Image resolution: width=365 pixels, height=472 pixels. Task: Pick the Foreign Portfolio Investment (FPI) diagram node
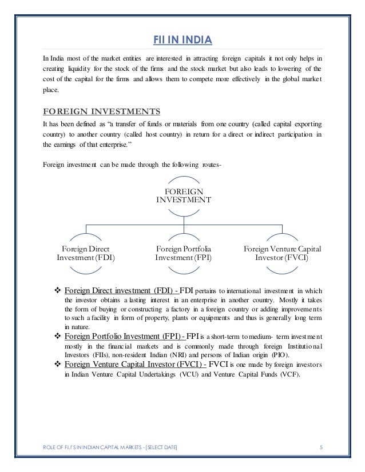point(182,253)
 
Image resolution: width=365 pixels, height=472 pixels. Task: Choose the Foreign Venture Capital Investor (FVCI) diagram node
point(282,253)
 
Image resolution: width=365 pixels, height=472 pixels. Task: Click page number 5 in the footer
point(321,453)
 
